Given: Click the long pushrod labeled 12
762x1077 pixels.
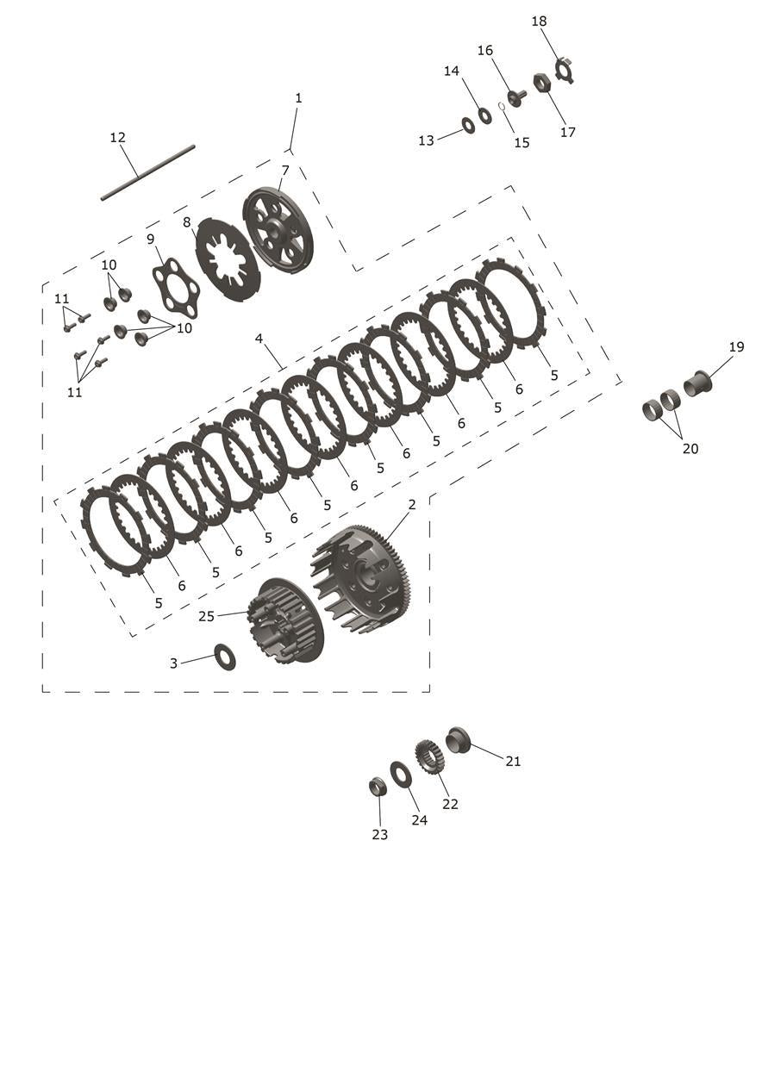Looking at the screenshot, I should click(x=147, y=172).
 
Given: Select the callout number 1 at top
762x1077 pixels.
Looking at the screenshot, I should click(x=298, y=98).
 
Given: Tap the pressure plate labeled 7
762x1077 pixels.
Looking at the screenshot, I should click(x=278, y=230).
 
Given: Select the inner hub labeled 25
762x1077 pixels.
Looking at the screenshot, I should click(x=284, y=620).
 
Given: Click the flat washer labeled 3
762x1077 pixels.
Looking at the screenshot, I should click(x=224, y=656).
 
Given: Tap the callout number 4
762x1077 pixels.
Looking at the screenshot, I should click(x=259, y=339).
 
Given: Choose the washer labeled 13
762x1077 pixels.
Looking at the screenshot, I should click(x=468, y=126).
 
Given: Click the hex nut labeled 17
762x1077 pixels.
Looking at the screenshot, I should click(x=542, y=84).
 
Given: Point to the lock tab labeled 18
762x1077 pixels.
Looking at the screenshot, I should click(x=565, y=69).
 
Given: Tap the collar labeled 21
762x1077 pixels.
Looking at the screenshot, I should click(x=458, y=739).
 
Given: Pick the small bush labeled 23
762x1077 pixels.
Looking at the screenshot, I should click(x=377, y=786).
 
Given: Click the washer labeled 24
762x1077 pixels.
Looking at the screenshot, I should click(x=400, y=774).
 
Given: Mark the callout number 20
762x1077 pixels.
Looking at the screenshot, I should click(x=690, y=448).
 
